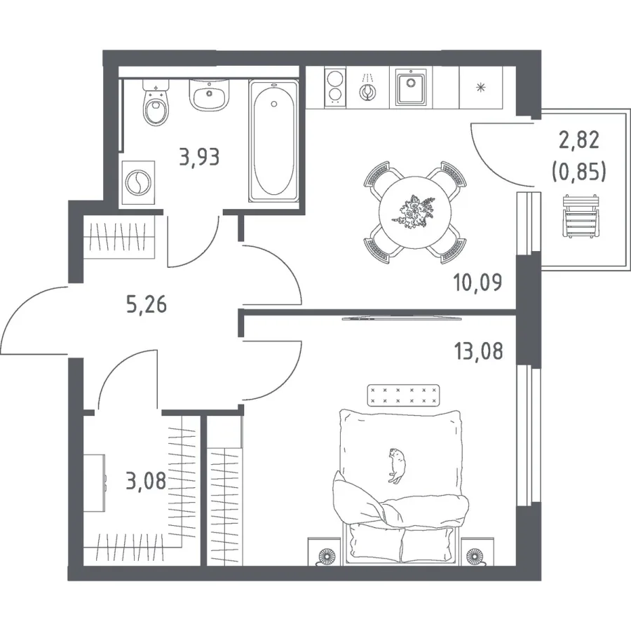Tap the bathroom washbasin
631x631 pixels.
click(209, 95)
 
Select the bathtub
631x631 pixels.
click(273, 140)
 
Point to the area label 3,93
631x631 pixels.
click(200, 157)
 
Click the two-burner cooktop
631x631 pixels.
click(335, 88)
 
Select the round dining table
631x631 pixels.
click(415, 212)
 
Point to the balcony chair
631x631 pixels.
click(580, 215)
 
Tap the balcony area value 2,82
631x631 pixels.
click(579, 140)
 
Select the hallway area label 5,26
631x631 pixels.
click(147, 304)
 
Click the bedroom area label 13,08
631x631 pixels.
click(478, 351)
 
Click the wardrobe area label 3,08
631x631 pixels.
click(146, 481)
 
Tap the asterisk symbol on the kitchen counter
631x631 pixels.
click(480, 87)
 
